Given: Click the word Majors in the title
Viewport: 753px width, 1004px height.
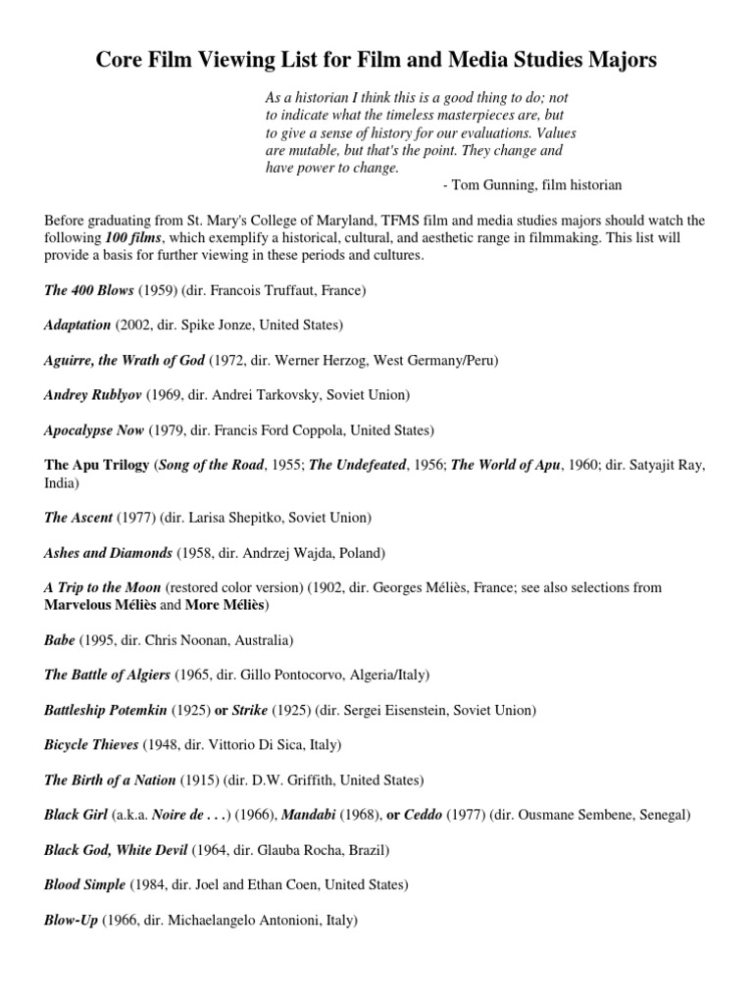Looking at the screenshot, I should (x=620, y=61).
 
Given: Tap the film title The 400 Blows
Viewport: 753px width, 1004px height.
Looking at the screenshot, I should (x=88, y=290).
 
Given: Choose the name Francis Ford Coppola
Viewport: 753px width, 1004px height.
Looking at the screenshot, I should (x=251, y=430).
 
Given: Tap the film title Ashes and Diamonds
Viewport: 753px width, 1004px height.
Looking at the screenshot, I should (x=108, y=552).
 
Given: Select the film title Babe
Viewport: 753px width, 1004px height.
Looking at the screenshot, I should (x=60, y=639).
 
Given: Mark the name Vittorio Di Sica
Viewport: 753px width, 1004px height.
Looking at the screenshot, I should (x=253, y=744).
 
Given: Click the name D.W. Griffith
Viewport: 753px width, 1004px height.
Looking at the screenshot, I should (x=294, y=779).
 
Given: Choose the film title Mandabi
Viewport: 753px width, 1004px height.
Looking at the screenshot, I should (x=318, y=815).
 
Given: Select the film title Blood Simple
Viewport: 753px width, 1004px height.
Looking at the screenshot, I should (x=84, y=884).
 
